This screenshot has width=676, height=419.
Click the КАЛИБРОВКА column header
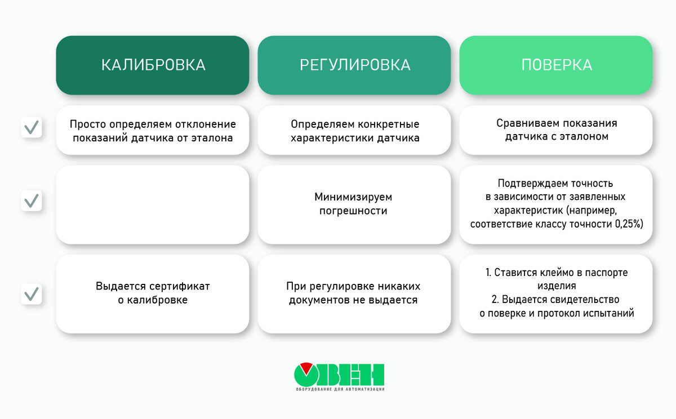[153, 65]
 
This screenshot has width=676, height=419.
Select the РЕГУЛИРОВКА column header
[354, 65]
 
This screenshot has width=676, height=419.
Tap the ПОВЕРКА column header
[556, 65]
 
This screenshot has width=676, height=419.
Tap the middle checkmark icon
[32, 200]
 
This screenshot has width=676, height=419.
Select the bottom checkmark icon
[32, 294]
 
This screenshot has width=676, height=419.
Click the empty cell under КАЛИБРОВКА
[153, 205]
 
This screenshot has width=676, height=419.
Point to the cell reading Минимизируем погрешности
[353, 204]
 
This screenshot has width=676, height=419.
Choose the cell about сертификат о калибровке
[153, 293]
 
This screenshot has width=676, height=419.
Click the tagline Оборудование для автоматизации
[339, 389]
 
